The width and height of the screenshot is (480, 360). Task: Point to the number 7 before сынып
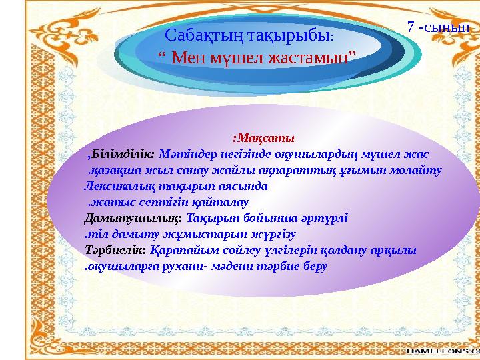(411, 27)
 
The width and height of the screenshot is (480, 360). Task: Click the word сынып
(449, 27)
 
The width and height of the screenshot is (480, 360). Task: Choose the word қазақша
(114, 171)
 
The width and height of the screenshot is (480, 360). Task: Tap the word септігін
(166, 202)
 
